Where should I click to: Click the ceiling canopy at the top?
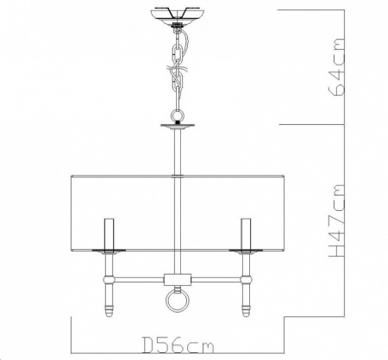pos(178,16)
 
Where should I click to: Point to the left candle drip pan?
pos(110,250)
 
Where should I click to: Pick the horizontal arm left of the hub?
pos(138,278)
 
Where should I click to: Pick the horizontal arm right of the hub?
pos(216,278)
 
